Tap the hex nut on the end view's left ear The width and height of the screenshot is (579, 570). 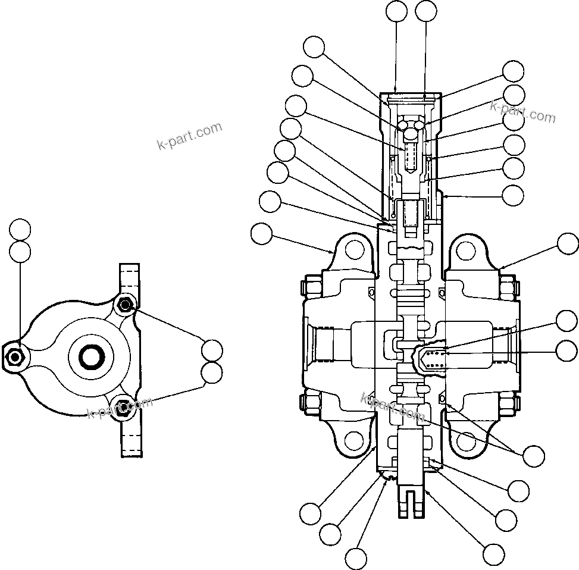pos(15,356)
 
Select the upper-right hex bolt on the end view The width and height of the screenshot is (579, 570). pos(124,306)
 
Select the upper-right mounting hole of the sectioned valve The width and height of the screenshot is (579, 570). pos(468,249)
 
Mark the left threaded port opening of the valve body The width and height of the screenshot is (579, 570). pos(326,346)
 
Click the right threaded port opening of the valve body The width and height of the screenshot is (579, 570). pos(501,346)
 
